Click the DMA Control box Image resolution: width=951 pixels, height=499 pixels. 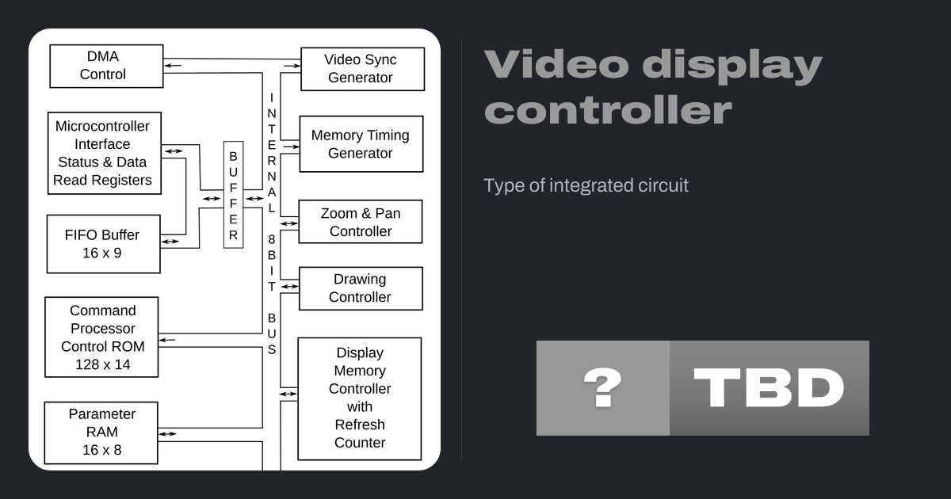point(106,66)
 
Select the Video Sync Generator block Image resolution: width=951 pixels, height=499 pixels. point(362,69)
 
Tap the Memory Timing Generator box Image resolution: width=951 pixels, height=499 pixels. point(361,144)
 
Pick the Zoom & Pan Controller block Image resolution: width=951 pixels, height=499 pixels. point(361,222)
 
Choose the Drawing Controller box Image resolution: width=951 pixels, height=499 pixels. point(361,288)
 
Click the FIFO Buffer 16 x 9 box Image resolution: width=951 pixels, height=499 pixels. point(103,244)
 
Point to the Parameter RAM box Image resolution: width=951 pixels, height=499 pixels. point(101,432)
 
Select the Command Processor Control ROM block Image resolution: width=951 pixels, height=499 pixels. point(101,337)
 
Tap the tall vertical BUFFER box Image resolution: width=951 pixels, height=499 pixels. point(233,195)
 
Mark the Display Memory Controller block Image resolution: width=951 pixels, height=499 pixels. point(359,398)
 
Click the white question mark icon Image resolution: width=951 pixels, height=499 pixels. point(602,388)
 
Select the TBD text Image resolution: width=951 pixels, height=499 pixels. point(769,388)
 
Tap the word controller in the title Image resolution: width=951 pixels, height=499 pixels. point(608,111)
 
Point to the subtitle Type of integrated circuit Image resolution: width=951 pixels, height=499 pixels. point(586,185)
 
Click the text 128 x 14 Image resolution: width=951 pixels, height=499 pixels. point(101,365)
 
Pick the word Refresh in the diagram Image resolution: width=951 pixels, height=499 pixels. point(360,425)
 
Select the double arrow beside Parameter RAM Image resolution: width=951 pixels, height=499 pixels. point(168,433)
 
